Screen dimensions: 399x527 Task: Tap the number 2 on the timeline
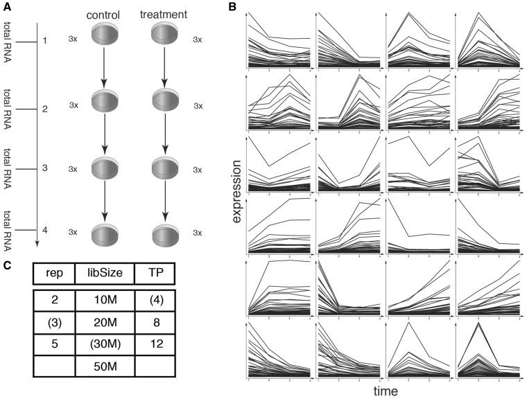pos(44,109)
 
